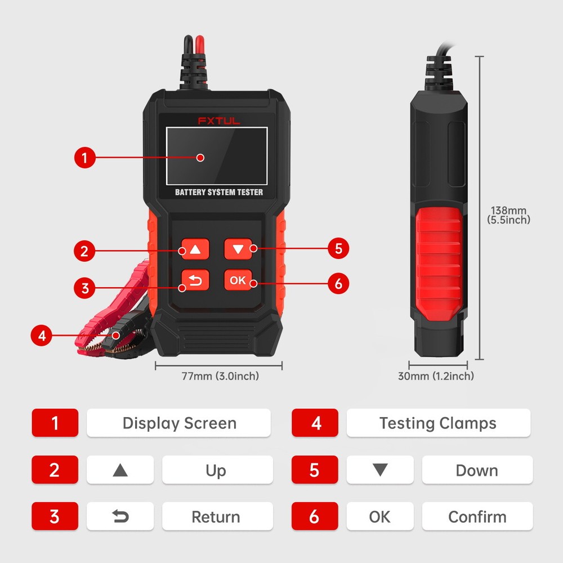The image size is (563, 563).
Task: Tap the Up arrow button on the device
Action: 195,249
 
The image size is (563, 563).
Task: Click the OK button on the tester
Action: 238,280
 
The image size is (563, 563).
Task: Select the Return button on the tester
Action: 195,280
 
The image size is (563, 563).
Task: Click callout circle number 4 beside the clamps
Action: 41,336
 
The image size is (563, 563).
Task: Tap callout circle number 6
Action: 338,283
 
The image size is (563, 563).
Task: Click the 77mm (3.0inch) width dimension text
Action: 220,376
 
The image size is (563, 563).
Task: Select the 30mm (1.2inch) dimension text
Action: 436,376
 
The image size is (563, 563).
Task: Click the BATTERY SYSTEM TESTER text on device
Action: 218,192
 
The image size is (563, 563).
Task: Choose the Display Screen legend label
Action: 179,423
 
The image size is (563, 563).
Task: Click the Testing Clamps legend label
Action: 438,423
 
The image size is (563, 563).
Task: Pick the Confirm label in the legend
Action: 477,517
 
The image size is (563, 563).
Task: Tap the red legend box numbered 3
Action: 55,517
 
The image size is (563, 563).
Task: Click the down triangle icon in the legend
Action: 380,470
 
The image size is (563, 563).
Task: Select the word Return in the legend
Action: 216,517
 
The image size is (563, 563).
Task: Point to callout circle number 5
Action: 338,249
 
